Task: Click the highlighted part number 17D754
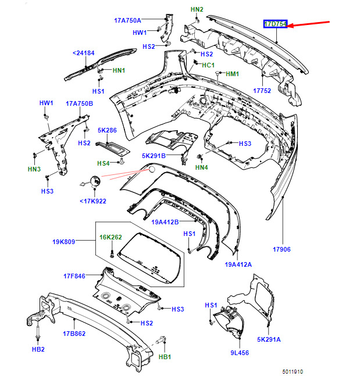(x=275, y=24)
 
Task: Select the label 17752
(x=262, y=91)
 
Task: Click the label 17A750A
(x=127, y=20)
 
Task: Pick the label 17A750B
(x=79, y=103)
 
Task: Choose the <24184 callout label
(x=83, y=53)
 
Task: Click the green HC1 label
(x=208, y=65)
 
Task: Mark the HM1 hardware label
(x=232, y=74)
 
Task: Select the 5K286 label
(x=107, y=131)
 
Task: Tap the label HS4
(x=103, y=163)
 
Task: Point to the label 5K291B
(x=154, y=156)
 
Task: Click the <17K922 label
(x=93, y=202)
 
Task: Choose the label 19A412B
(x=165, y=222)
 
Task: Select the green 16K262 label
(x=110, y=237)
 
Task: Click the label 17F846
(x=73, y=277)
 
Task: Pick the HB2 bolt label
(x=38, y=350)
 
